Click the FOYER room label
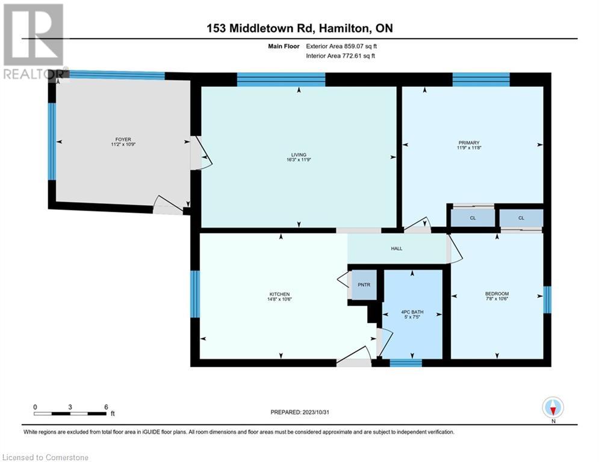point(119,140)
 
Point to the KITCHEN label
point(279,294)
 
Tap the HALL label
point(396,248)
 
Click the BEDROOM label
point(497,294)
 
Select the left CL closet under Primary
point(473,218)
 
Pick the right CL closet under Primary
point(521,218)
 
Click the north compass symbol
point(553,408)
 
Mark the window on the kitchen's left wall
point(194,294)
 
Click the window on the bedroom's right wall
point(547,300)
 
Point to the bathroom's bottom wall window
point(405,362)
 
